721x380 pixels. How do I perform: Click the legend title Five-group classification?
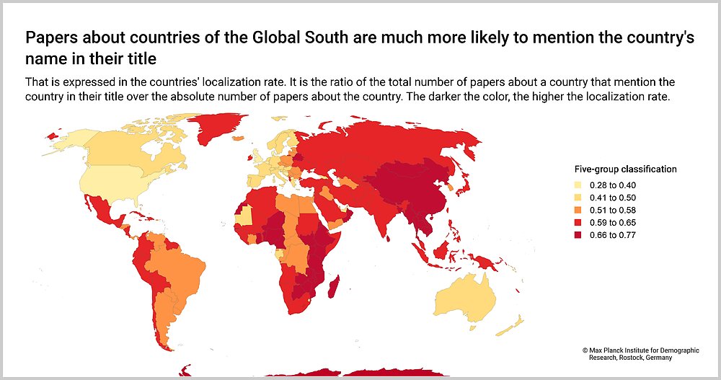[x=625, y=169]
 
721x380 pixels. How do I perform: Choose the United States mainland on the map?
[x=108, y=185]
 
